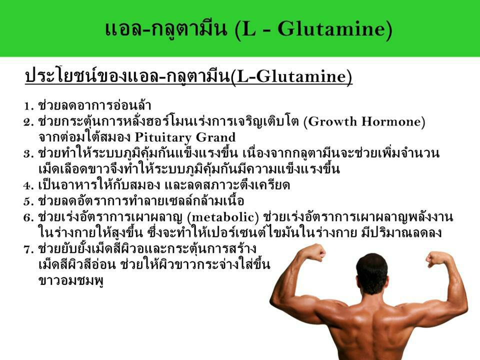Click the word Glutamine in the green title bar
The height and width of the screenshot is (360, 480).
(x=332, y=29)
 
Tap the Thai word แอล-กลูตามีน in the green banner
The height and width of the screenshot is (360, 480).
(x=166, y=29)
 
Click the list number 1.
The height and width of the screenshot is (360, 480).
(x=28, y=106)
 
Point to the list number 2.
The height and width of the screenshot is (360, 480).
(x=28, y=122)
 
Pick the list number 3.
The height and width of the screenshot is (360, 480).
(x=28, y=153)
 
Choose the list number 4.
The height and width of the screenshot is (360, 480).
(x=28, y=185)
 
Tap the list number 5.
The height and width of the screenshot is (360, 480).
(x=28, y=201)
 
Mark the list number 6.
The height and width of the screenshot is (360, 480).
(x=28, y=217)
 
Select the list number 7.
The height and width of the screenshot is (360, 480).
(x=28, y=249)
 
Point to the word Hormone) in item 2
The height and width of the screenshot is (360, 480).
(x=393, y=121)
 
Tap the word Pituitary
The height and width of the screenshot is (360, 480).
(x=163, y=137)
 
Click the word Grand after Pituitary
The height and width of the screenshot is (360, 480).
(x=215, y=137)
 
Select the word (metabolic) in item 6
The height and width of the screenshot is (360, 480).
(x=223, y=217)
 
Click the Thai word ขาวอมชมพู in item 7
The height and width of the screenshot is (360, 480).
(x=71, y=281)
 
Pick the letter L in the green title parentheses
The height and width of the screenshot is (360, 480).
(x=249, y=29)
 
